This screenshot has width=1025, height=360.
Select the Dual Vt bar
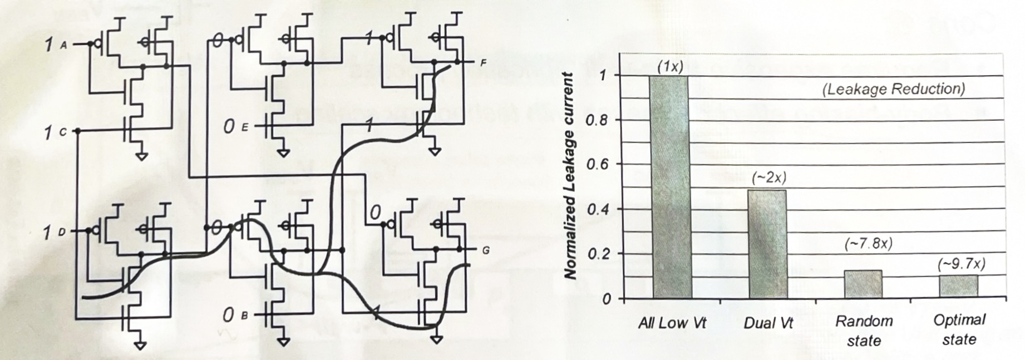point(768,244)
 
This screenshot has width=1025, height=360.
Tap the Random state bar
point(863,284)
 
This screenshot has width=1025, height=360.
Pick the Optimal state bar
point(959,286)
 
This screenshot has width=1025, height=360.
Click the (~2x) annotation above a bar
point(769,178)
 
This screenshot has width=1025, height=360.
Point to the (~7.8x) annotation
point(868,244)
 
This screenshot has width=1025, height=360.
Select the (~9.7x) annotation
point(962,264)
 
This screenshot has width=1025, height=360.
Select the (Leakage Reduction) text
point(894,89)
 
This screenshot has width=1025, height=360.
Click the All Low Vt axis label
point(672,323)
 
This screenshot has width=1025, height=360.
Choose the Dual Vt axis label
point(768,323)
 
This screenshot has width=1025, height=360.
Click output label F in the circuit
point(483,63)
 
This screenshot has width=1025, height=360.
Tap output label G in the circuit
point(485,251)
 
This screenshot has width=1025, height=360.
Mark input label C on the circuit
point(63,132)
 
